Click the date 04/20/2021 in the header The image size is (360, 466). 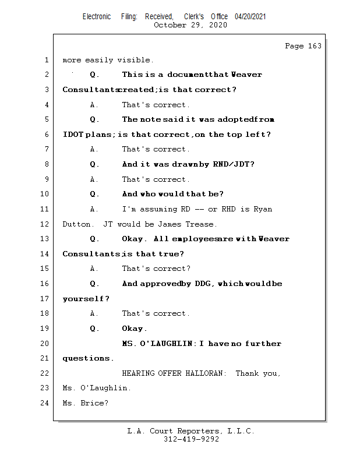pyautogui.click(x=250, y=17)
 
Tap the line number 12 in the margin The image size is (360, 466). pyautogui.click(x=45, y=224)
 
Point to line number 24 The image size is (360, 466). pyautogui.click(x=45, y=403)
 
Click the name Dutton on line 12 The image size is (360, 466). pyautogui.click(x=76, y=224)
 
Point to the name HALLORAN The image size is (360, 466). pyautogui.click(x=202, y=373)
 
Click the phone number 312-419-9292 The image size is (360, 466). pyautogui.click(x=191, y=439)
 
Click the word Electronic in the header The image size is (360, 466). pyautogui.click(x=97, y=17)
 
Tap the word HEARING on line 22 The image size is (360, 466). pyautogui.click(x=137, y=373)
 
